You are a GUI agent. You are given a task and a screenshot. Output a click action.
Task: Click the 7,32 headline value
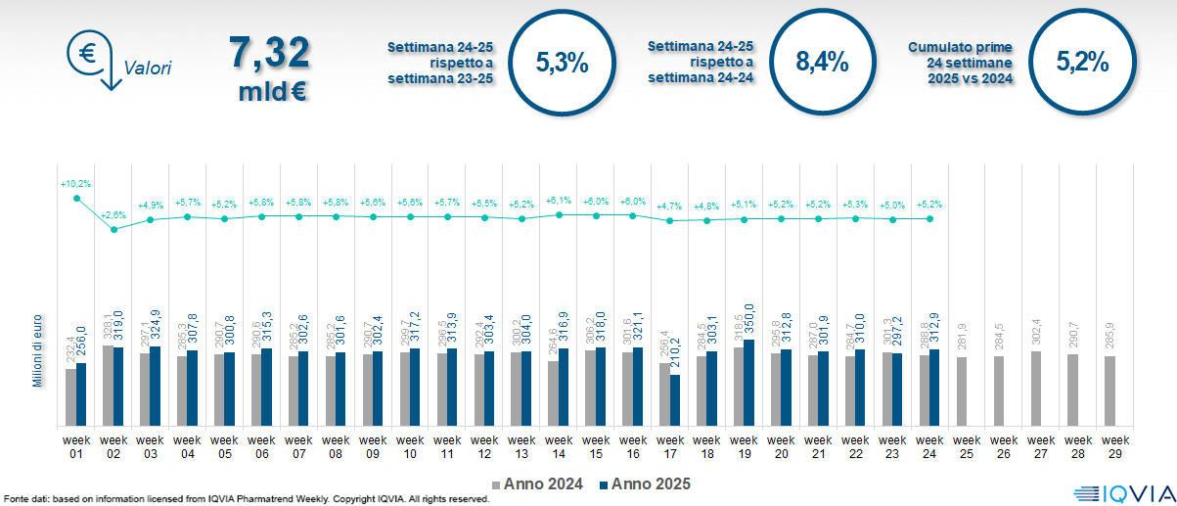click(269, 53)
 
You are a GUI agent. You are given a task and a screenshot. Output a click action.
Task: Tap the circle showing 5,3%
click(562, 63)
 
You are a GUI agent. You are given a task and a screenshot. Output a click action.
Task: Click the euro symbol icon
click(86, 52)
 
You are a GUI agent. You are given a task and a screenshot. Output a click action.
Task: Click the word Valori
click(148, 69)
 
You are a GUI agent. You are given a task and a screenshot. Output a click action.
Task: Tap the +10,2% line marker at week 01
click(76, 199)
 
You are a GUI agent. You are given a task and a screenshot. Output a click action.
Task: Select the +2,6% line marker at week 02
click(113, 229)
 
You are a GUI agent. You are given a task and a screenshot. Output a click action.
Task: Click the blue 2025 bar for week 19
click(748, 383)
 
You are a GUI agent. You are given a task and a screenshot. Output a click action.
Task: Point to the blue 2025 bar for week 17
click(674, 400)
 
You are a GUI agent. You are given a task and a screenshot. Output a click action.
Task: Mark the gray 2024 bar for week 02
click(108, 386)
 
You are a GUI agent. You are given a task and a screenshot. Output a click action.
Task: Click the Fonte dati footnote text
click(245, 499)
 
